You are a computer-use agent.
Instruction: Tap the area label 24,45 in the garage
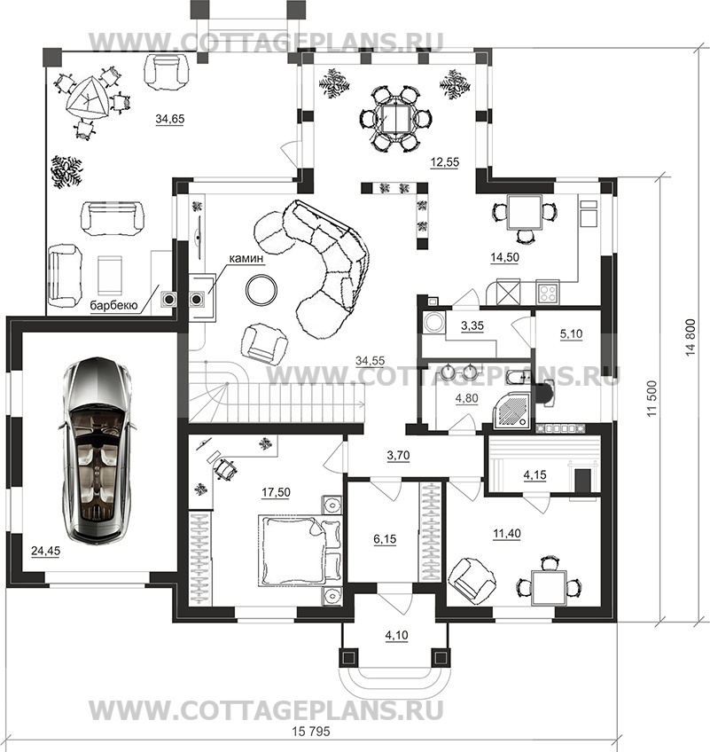click(x=45, y=551)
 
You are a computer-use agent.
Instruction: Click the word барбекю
click(x=114, y=305)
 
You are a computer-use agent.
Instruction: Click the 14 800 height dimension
click(x=690, y=337)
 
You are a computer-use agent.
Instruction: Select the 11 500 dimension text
click(x=651, y=398)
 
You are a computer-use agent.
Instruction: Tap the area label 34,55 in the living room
click(x=371, y=360)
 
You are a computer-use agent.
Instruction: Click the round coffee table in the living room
click(x=261, y=289)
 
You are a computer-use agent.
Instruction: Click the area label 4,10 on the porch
click(x=396, y=636)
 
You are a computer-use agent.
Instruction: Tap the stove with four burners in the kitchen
click(x=548, y=292)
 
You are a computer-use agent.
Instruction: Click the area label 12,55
click(x=444, y=162)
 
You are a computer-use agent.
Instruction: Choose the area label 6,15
click(x=385, y=539)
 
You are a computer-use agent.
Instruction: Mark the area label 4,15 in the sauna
click(x=534, y=474)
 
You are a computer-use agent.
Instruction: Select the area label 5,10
click(x=571, y=333)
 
